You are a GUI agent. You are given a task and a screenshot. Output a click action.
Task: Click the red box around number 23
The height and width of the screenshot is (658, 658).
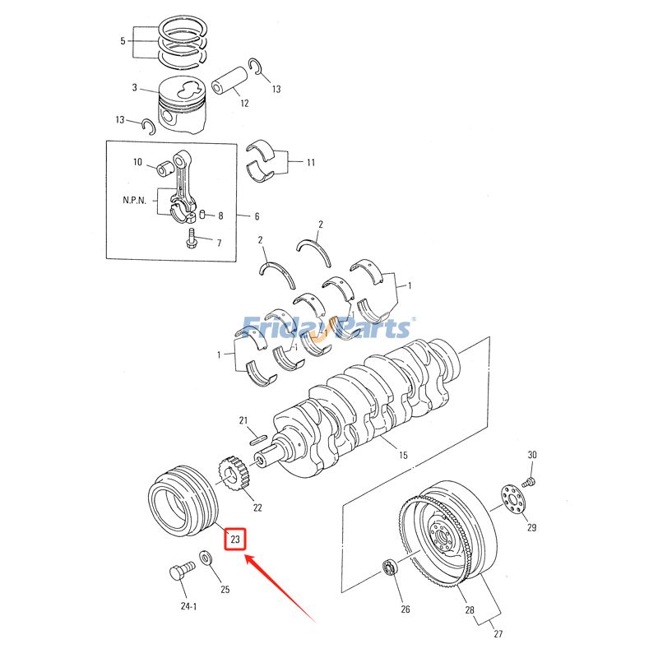[x=235, y=539]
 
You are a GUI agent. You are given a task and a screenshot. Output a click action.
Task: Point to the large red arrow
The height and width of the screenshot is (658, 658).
[x=280, y=587]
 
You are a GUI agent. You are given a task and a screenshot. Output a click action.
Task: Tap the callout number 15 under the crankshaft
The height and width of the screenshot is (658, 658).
[x=403, y=455]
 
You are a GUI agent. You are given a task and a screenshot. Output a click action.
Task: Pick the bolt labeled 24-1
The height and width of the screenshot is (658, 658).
[x=183, y=570]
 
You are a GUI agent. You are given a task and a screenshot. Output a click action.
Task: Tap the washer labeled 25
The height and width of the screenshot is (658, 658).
[x=206, y=558]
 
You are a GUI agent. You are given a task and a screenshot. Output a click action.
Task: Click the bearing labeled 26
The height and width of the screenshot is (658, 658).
[x=389, y=568]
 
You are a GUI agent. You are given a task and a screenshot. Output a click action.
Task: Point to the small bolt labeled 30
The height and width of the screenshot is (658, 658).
[x=531, y=482]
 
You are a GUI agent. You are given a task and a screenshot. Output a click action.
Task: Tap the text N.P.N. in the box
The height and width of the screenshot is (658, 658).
[x=135, y=200]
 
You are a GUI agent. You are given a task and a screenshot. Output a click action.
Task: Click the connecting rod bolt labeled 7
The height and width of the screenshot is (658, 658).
[x=191, y=239]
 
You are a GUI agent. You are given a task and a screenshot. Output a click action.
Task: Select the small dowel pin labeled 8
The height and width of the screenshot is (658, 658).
[x=202, y=215]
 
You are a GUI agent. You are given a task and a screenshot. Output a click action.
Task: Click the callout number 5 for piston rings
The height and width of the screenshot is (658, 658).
[x=123, y=40]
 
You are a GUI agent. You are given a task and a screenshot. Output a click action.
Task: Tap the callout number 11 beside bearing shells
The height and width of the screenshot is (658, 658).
[x=311, y=162]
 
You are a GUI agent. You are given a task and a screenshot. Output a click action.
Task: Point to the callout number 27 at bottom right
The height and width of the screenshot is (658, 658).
[x=498, y=633]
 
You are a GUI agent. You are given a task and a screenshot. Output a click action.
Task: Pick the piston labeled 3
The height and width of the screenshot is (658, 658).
[x=183, y=105]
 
